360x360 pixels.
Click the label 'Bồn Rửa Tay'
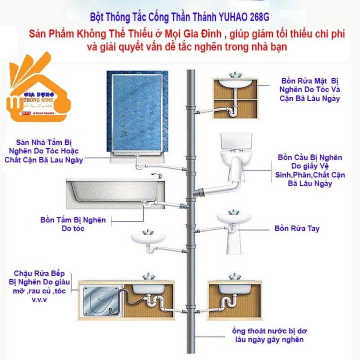(x=297, y=229)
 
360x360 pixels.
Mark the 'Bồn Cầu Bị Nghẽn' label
(x=310, y=158)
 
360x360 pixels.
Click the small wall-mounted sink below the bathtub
(x=148, y=238)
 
